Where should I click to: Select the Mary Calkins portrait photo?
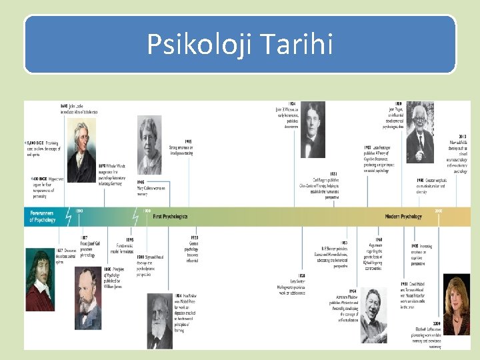pyautogui.click(x=149, y=145)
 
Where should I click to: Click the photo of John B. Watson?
pyautogui.click(x=313, y=129)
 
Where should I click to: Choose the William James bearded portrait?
pyautogui.click(x=88, y=298)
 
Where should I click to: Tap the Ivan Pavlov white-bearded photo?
pyautogui.click(x=160, y=320)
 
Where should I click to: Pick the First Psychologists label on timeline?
pyautogui.click(x=170, y=217)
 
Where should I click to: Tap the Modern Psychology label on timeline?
pyautogui.click(x=403, y=217)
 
